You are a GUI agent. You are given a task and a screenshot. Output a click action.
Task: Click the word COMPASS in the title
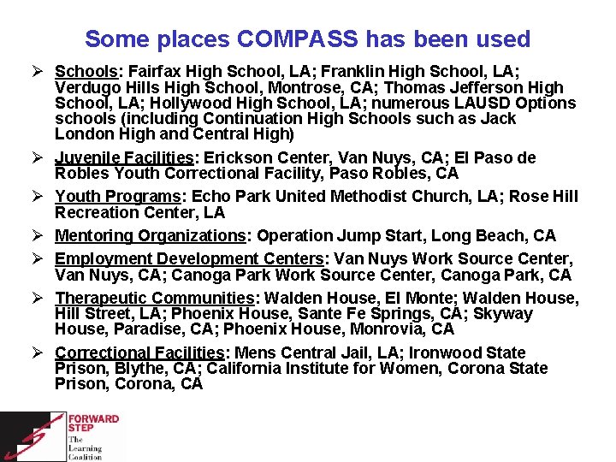[296, 39]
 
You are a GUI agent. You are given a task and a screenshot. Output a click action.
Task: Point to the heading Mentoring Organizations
[150, 235]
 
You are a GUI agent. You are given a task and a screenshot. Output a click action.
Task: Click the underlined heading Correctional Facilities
[139, 352]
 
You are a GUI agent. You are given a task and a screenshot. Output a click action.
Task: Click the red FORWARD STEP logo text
[94, 424]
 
